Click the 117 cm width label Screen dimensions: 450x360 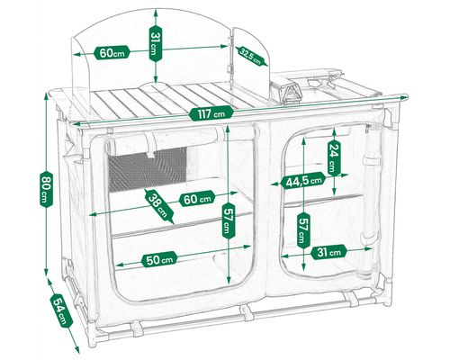click(211, 113)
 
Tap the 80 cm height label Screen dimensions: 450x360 click(46, 189)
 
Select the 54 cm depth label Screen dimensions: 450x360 click(61, 310)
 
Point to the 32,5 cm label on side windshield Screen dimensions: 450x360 click(250, 56)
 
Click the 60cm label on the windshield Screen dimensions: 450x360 click(112, 53)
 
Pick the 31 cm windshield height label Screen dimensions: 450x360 click(156, 43)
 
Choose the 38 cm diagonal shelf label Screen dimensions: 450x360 click(159, 207)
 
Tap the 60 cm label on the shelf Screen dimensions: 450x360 click(197, 198)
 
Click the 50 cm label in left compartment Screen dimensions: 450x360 click(159, 259)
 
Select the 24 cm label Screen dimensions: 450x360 click(334, 158)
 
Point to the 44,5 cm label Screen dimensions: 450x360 click(303, 180)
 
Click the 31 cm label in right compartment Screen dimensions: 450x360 click(328, 252)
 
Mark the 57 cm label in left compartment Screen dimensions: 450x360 click(229, 220)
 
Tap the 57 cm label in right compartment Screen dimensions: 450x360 click(303, 230)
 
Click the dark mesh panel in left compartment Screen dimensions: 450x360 click(148, 169)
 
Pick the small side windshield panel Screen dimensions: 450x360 click(250, 60)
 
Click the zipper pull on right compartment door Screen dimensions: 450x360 click(367, 129)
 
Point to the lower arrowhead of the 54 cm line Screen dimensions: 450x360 click(76, 349)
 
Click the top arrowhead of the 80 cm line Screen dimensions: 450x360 click(46, 96)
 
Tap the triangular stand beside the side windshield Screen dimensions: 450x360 click(291, 93)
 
